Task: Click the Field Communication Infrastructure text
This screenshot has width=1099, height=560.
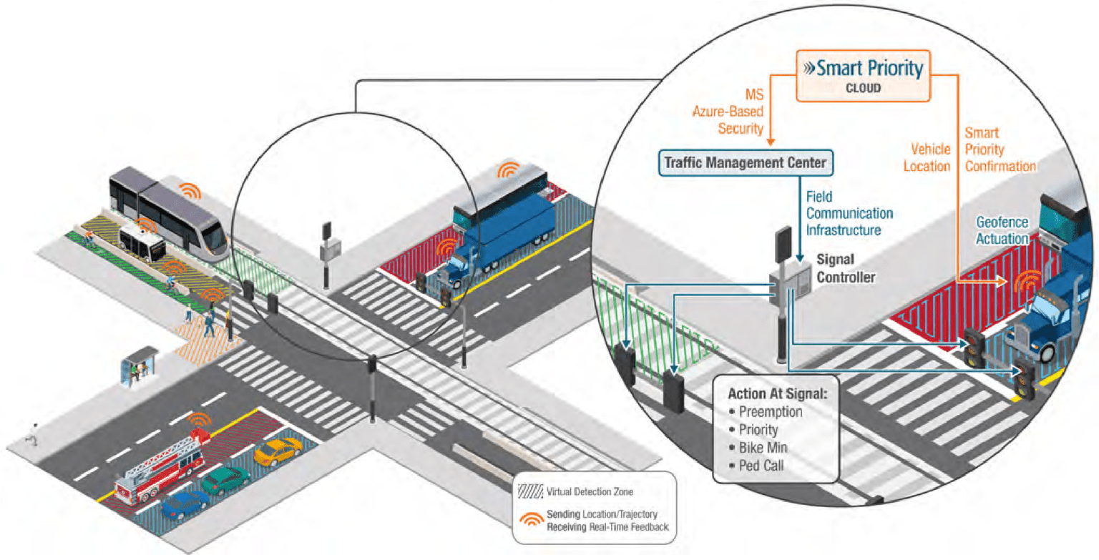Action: coord(849,213)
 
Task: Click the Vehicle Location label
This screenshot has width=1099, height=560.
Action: coord(930,157)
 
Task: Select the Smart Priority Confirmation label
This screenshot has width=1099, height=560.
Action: coord(1000,149)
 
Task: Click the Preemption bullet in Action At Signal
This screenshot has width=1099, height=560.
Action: coord(770,412)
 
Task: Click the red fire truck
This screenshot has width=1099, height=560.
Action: coord(164,466)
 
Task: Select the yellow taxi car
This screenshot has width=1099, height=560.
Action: coord(278,451)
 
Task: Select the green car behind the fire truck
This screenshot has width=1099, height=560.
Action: coord(225,481)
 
